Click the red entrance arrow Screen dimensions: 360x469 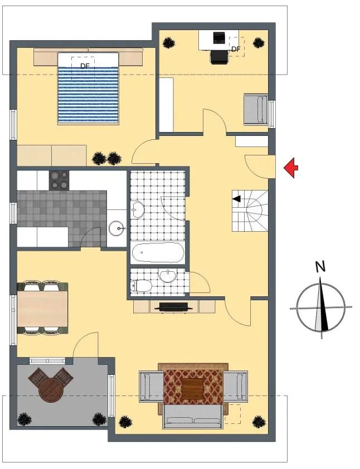click(x=291, y=168)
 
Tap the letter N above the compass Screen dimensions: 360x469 click(x=320, y=266)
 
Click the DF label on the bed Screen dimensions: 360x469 click(x=85, y=66)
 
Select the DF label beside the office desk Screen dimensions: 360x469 click(x=236, y=50)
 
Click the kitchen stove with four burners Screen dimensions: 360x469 click(x=59, y=180)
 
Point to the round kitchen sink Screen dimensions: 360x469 click(x=117, y=229)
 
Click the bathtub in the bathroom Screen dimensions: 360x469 click(x=158, y=253)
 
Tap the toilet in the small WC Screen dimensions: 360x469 click(x=141, y=286)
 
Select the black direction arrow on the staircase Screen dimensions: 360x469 click(x=237, y=198)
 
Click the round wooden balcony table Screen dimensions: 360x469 click(x=51, y=390)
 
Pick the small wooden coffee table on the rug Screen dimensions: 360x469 click(x=192, y=389)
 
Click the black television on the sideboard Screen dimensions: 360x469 click(x=173, y=307)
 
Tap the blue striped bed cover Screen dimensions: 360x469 click(x=88, y=95)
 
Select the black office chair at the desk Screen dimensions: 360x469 click(x=220, y=57)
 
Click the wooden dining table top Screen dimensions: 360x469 click(x=42, y=309)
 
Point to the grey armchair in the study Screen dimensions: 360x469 click(x=256, y=109)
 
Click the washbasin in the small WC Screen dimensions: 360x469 click(x=167, y=276)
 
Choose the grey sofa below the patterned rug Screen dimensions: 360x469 click(x=192, y=416)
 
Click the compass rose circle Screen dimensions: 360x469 click(x=320, y=307)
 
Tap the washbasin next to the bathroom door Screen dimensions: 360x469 click(x=138, y=209)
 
